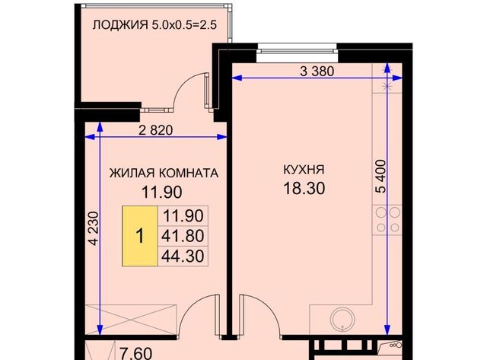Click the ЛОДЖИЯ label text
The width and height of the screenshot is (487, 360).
pos(119,24)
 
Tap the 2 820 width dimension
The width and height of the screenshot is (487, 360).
pos(156,129)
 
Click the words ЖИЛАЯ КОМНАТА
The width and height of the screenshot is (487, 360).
pos(164,173)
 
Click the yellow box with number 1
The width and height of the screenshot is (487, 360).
pos(139,235)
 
